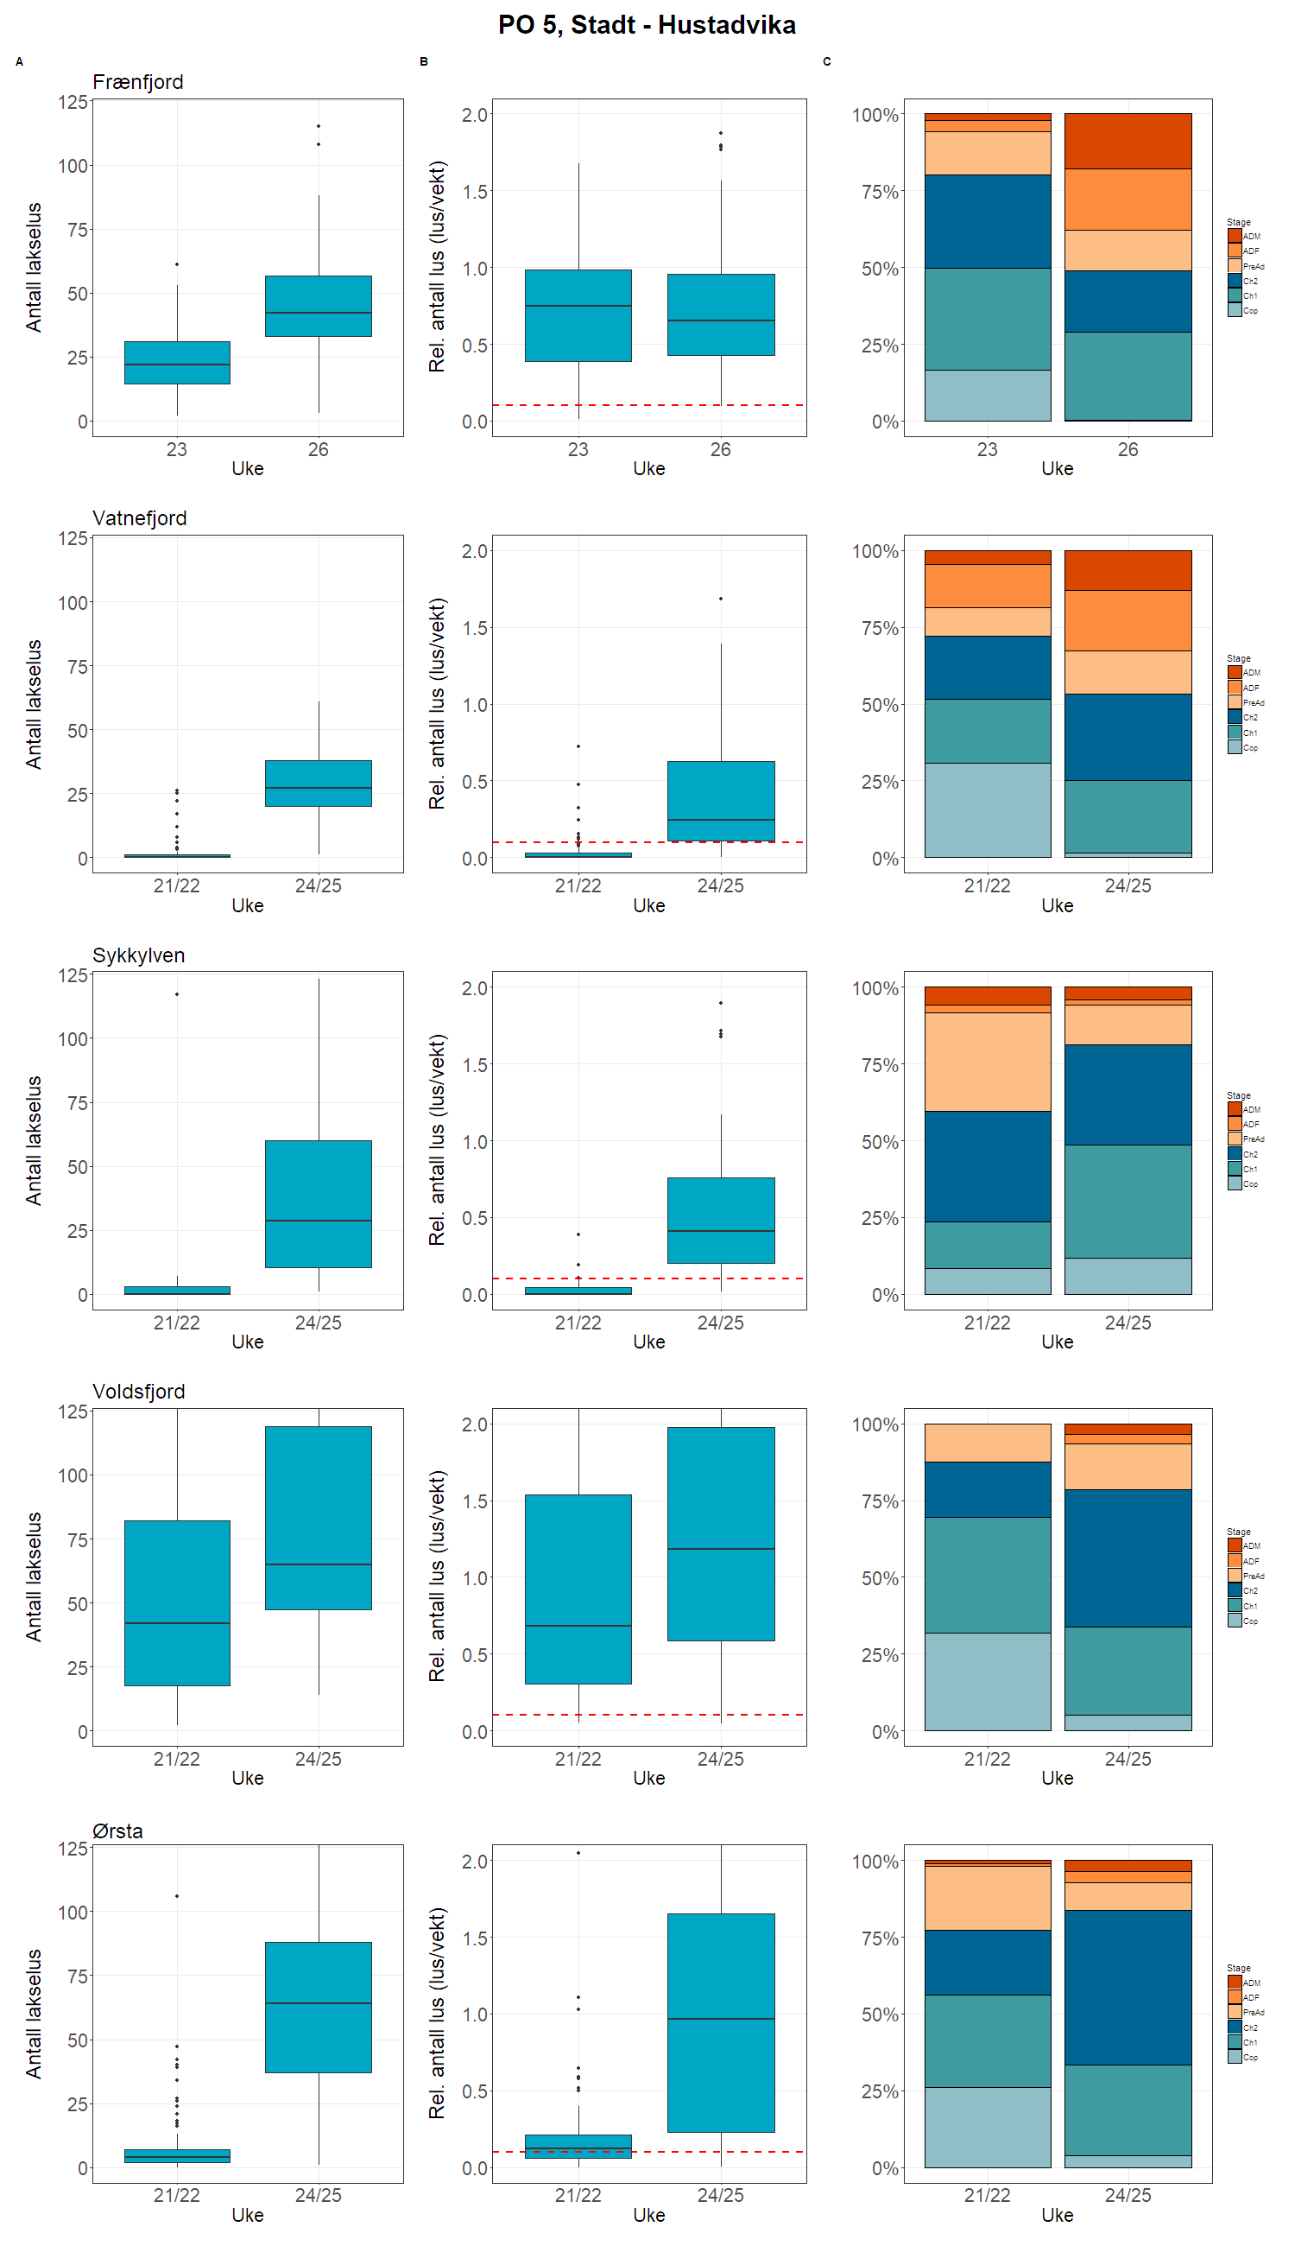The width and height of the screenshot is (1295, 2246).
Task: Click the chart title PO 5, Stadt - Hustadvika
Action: coord(647,25)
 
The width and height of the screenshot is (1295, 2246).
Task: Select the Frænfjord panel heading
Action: coord(138,82)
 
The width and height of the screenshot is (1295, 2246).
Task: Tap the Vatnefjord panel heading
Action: coord(140,518)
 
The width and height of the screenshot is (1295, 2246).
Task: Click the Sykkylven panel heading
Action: coord(139,955)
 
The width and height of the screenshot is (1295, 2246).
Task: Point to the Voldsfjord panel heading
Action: coord(139,1392)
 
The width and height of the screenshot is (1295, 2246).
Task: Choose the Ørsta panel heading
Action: coord(117,1831)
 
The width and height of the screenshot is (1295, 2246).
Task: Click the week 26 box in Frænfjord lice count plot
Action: coord(319,306)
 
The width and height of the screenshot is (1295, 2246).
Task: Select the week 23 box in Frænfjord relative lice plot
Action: coord(578,316)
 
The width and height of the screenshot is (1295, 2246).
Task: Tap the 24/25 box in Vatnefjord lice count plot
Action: coord(319,783)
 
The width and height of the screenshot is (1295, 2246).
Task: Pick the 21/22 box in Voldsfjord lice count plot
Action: coord(177,1602)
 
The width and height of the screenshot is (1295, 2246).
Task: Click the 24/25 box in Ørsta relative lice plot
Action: coord(720,2021)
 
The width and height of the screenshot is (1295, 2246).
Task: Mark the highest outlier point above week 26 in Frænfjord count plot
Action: coord(319,126)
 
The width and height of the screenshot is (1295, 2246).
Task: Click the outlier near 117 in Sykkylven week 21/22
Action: coord(177,994)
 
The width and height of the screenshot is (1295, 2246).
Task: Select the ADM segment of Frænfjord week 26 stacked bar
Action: coord(1128,141)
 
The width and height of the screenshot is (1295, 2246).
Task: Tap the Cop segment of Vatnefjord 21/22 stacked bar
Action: coord(988,809)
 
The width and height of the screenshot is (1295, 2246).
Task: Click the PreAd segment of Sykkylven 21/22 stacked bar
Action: coord(988,1062)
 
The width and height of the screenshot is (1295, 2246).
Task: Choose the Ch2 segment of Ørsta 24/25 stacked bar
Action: coord(1128,1987)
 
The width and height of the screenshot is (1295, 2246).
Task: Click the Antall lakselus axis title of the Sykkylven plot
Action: coord(34,1140)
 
